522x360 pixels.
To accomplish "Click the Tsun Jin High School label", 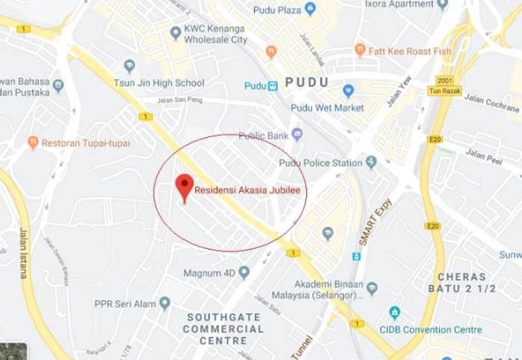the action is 166,83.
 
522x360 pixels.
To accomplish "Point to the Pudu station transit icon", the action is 273,85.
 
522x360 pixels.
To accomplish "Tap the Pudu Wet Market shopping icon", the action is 348,91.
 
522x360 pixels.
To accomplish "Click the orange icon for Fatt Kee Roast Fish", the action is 359,49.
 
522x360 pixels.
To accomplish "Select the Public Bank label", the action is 264,136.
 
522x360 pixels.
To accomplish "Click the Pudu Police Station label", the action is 320,162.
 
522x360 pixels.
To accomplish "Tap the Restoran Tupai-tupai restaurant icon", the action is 33,142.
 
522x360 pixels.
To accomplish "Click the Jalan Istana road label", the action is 23,257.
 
